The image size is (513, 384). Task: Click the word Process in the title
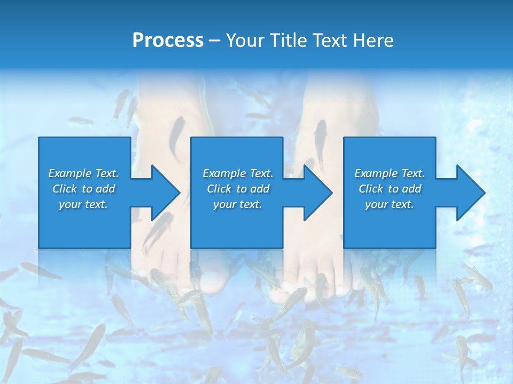point(168,41)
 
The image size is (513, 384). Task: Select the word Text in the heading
point(330,41)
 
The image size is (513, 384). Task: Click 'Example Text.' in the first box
point(84,173)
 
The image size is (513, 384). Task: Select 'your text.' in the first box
point(84,204)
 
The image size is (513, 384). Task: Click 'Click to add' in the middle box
point(238,189)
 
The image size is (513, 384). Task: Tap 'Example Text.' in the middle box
point(238,173)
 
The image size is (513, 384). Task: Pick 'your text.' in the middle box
point(238,204)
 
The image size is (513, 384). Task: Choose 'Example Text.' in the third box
point(390,173)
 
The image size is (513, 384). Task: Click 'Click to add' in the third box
point(390,189)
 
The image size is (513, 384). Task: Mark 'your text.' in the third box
point(390,204)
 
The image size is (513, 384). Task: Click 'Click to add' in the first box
point(84,189)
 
